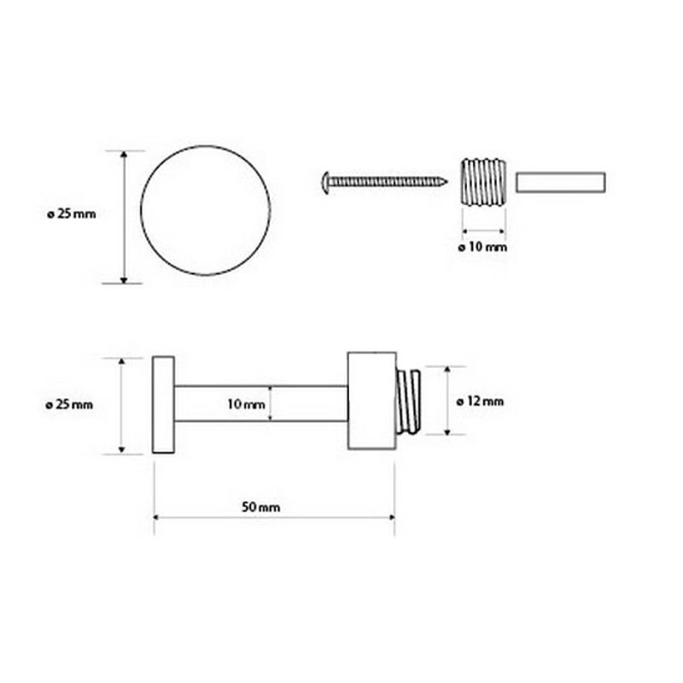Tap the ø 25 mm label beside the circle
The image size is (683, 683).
point(72,214)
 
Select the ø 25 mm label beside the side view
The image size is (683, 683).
point(69,405)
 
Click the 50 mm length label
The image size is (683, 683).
point(261,507)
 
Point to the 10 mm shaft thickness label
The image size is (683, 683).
point(246,404)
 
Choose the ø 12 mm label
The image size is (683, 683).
point(480,401)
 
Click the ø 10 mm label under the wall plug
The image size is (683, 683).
point(482,247)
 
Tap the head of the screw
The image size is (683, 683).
point(326,183)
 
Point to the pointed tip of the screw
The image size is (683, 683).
point(446,181)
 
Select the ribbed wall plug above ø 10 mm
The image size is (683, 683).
point(483,182)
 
